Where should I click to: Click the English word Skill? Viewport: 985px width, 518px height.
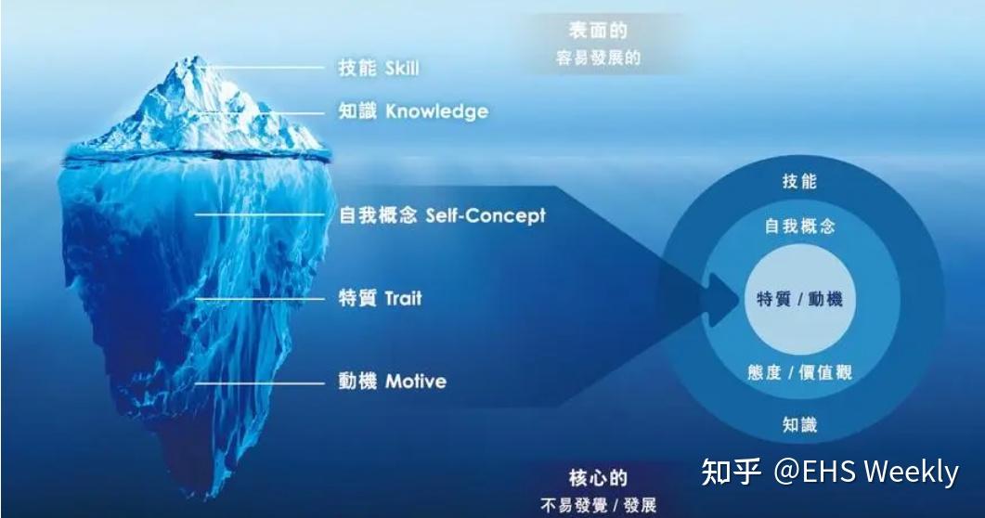coord(400,68)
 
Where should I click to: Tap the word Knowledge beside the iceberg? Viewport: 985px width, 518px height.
coord(436,111)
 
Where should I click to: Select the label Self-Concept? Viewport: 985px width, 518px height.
coord(486,215)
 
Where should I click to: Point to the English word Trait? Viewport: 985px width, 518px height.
coord(403,299)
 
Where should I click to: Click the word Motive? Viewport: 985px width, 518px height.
coord(415,382)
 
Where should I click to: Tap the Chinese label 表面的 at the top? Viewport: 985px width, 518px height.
coord(598,32)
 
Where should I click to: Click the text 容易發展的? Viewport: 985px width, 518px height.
coord(598,58)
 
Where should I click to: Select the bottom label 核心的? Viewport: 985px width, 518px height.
coord(598,479)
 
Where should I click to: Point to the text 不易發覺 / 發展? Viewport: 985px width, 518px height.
coord(598,506)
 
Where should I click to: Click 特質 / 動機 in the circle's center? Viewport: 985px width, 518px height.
coord(799,299)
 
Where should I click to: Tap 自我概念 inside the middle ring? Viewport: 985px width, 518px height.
coord(799,227)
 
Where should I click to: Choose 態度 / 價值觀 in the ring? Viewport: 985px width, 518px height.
coord(799,373)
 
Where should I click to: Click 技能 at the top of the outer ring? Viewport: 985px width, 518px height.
coord(799,182)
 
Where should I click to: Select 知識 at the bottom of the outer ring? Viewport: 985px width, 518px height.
coord(799,425)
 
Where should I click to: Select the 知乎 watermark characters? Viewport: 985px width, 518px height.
coord(731,472)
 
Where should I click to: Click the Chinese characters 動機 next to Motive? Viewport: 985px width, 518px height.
coord(357,382)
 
